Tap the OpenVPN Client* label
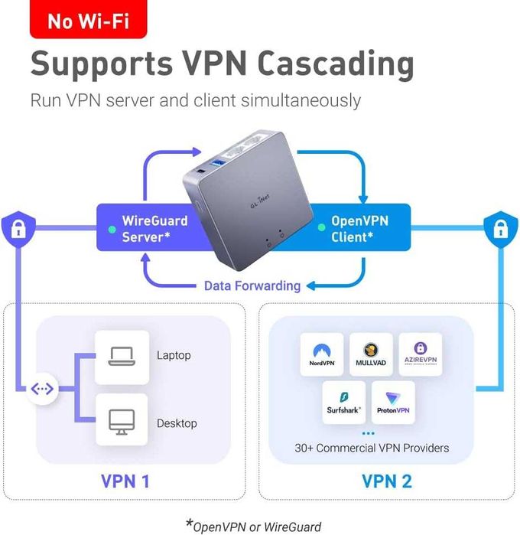click(x=359, y=229)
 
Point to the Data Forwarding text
click(x=252, y=285)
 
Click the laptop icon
click(x=122, y=356)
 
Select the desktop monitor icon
click(x=122, y=422)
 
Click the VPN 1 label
click(x=125, y=481)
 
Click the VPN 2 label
click(x=387, y=481)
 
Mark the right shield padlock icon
click(x=498, y=227)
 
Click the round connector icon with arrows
click(x=42, y=390)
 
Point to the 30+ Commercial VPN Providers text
click(x=372, y=448)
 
